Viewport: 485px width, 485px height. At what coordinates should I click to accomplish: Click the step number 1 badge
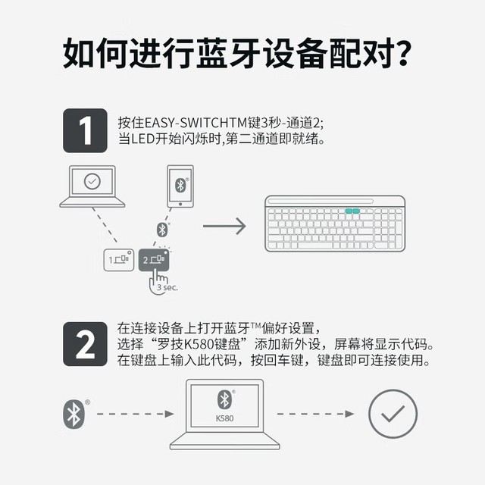point(85,130)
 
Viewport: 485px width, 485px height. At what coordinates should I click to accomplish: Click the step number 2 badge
point(85,344)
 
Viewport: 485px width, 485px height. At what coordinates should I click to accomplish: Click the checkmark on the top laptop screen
point(92,181)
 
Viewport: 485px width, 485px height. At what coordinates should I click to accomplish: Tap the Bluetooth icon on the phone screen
point(180,185)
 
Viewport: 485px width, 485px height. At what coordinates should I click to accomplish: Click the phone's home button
point(180,204)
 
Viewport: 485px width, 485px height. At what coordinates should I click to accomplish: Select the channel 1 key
point(119,260)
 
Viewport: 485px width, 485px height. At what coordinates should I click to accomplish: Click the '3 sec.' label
point(167,287)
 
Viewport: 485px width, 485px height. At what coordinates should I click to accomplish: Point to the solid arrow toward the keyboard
point(224,226)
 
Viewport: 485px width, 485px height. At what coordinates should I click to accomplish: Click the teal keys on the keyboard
point(352,211)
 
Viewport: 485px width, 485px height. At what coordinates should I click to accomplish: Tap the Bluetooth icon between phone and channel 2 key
point(162,230)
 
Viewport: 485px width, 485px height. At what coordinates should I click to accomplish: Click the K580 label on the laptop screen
point(224,418)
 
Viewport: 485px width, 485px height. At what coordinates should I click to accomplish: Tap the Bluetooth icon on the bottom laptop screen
point(224,399)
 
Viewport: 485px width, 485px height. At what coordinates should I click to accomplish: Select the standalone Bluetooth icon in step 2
point(74,415)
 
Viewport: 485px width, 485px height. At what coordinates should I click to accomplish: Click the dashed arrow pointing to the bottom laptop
point(136,414)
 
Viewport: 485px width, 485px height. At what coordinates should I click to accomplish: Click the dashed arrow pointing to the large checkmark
point(315,414)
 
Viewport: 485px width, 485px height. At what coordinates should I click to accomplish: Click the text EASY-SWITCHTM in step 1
point(196,123)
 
